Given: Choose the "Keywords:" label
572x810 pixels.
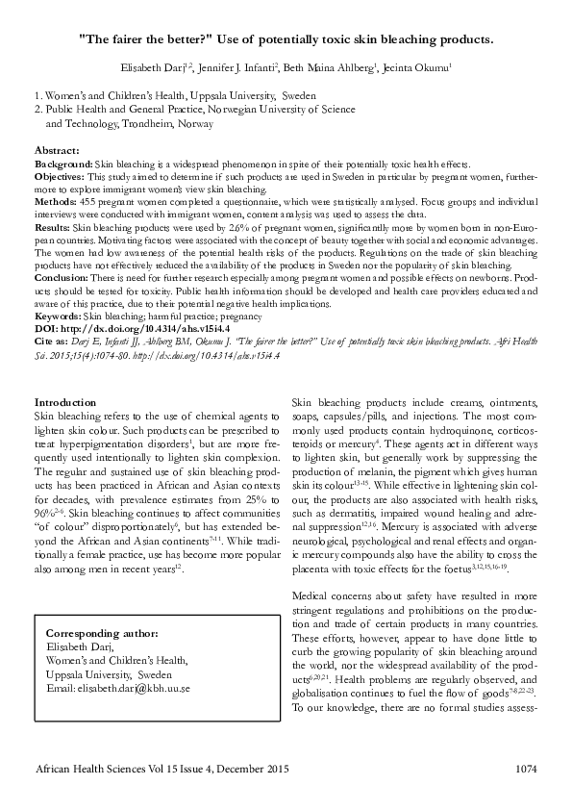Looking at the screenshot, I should (x=59, y=316).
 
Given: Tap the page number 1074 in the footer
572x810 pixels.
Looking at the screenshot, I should (x=525, y=769).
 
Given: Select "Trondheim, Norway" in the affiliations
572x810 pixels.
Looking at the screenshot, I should (x=149, y=124).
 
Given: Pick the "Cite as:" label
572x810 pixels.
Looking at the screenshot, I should (x=54, y=341).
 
